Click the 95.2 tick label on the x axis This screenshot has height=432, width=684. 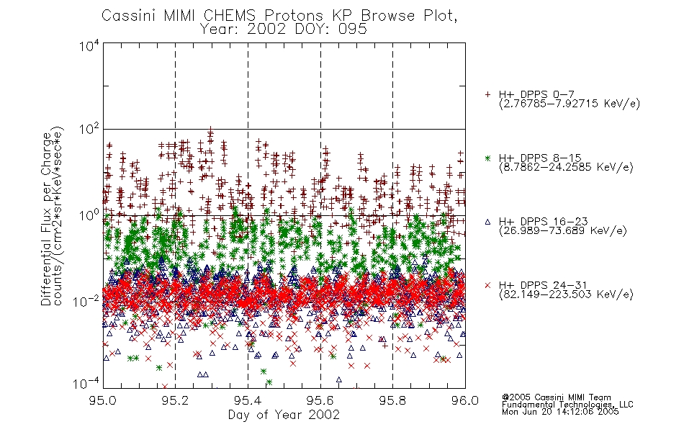click(176, 400)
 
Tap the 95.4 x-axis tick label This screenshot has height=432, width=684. click(248, 400)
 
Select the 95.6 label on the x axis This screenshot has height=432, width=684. click(320, 400)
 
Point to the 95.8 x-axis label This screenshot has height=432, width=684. click(392, 400)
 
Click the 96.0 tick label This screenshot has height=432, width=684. click(465, 400)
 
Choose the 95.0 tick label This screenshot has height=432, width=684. click(103, 400)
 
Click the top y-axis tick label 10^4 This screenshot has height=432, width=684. click(89, 46)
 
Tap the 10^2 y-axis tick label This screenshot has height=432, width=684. click(89, 130)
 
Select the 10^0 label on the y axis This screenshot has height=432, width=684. click(89, 215)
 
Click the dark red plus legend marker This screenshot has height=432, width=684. click(487, 94)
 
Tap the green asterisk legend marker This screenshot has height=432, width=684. click(487, 158)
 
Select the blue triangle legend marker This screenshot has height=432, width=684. click(487, 222)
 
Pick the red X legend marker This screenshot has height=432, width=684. click(487, 285)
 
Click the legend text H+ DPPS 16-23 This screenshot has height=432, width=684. click(543, 221)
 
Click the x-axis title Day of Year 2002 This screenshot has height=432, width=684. click(284, 415)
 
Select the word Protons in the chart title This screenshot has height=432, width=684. click(294, 16)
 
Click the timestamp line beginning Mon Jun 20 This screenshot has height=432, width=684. click(560, 412)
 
